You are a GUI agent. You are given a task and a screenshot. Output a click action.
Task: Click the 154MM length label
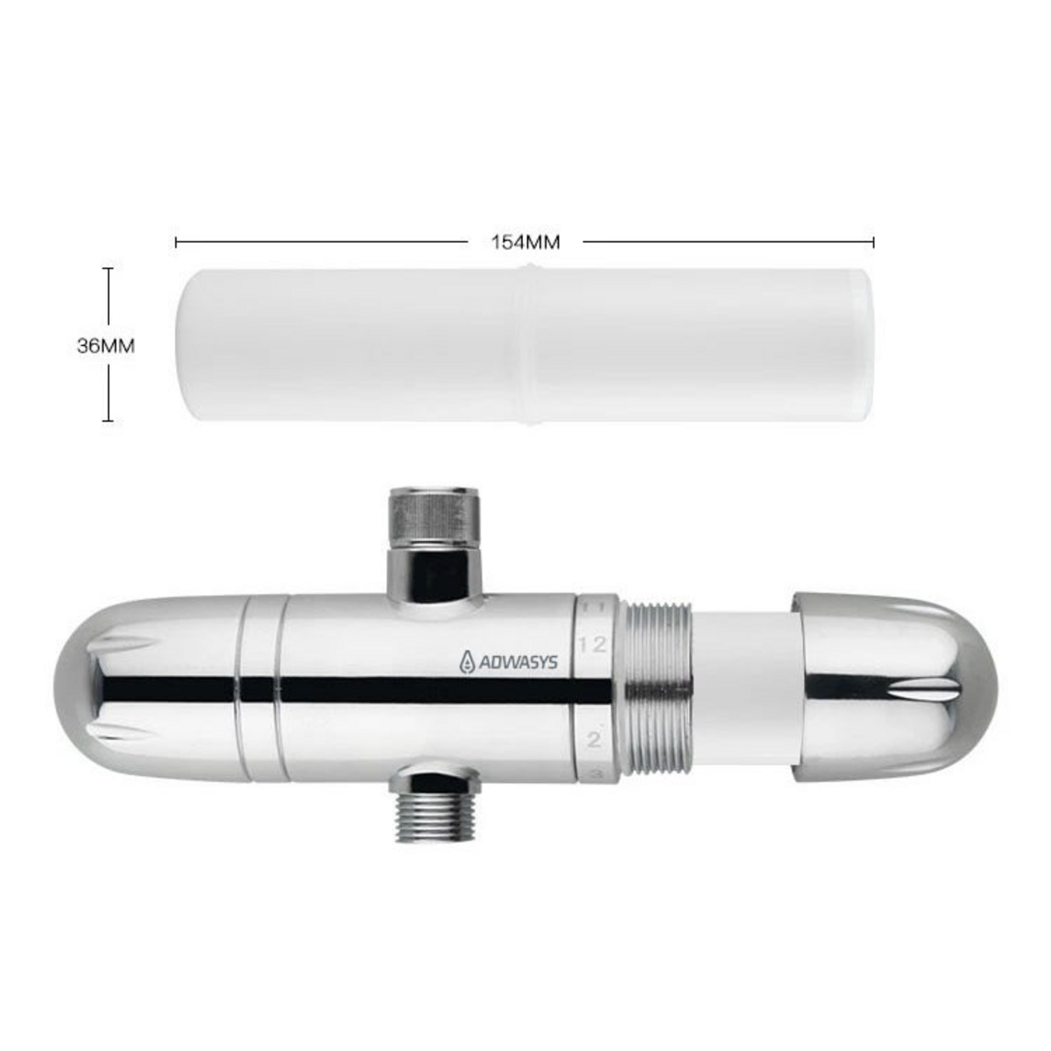point(525,242)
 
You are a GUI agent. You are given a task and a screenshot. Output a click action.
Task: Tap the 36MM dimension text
point(106,345)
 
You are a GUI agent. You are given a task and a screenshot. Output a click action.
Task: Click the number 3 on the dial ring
point(595,773)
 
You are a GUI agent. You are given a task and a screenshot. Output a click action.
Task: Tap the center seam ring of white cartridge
point(524,345)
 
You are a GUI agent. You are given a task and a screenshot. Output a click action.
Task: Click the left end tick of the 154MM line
point(176,242)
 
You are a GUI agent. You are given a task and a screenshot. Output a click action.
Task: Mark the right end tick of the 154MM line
point(873,242)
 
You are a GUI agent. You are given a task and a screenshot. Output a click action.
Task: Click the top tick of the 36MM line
point(108,269)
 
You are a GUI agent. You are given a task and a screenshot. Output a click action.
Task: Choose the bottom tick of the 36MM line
point(108,421)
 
